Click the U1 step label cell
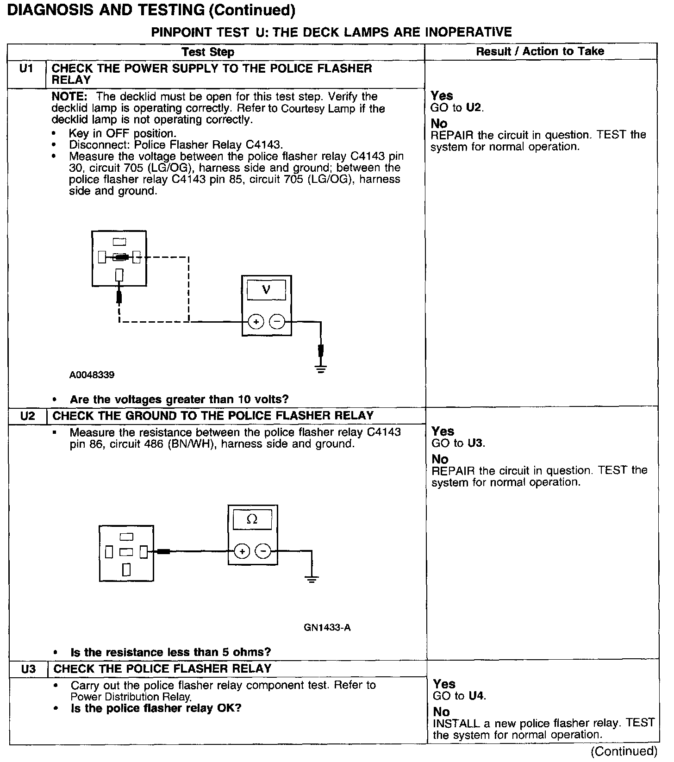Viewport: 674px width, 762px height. pyautogui.click(x=27, y=69)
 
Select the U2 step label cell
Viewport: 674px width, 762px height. pyautogui.click(x=28, y=416)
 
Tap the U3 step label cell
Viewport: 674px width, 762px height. pyautogui.click(x=29, y=669)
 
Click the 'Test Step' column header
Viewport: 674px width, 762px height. pyautogui.click(x=208, y=52)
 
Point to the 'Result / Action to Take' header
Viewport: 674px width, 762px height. pyautogui.click(x=540, y=51)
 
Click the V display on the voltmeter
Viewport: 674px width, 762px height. pyautogui.click(x=266, y=290)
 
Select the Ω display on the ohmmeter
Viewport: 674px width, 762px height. pyautogui.click(x=252, y=519)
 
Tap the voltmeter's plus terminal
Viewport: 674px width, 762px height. pyautogui.click(x=256, y=321)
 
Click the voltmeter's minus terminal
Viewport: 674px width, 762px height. pyautogui.click(x=277, y=321)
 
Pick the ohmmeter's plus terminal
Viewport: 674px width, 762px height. pyautogui.click(x=242, y=551)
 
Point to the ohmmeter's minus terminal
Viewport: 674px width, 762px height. pyautogui.click(x=263, y=551)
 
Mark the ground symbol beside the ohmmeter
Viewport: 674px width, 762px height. pyautogui.click(x=312, y=579)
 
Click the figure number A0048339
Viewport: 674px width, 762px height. pyautogui.click(x=92, y=375)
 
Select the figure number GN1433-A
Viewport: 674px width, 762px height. pyautogui.click(x=327, y=628)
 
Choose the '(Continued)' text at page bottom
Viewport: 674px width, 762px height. pyautogui.click(x=624, y=751)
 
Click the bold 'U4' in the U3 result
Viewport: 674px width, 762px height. pyautogui.click(x=477, y=696)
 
